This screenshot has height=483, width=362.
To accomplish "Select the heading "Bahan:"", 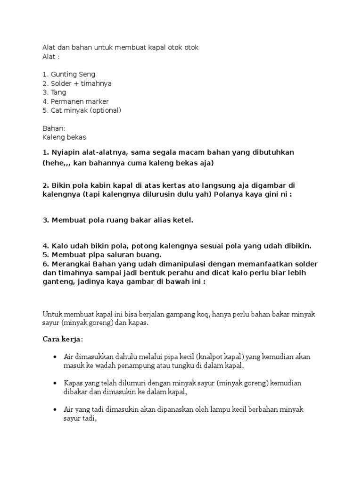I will click(x=54, y=128).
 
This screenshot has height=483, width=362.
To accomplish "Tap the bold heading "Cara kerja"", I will click(x=62, y=339).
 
